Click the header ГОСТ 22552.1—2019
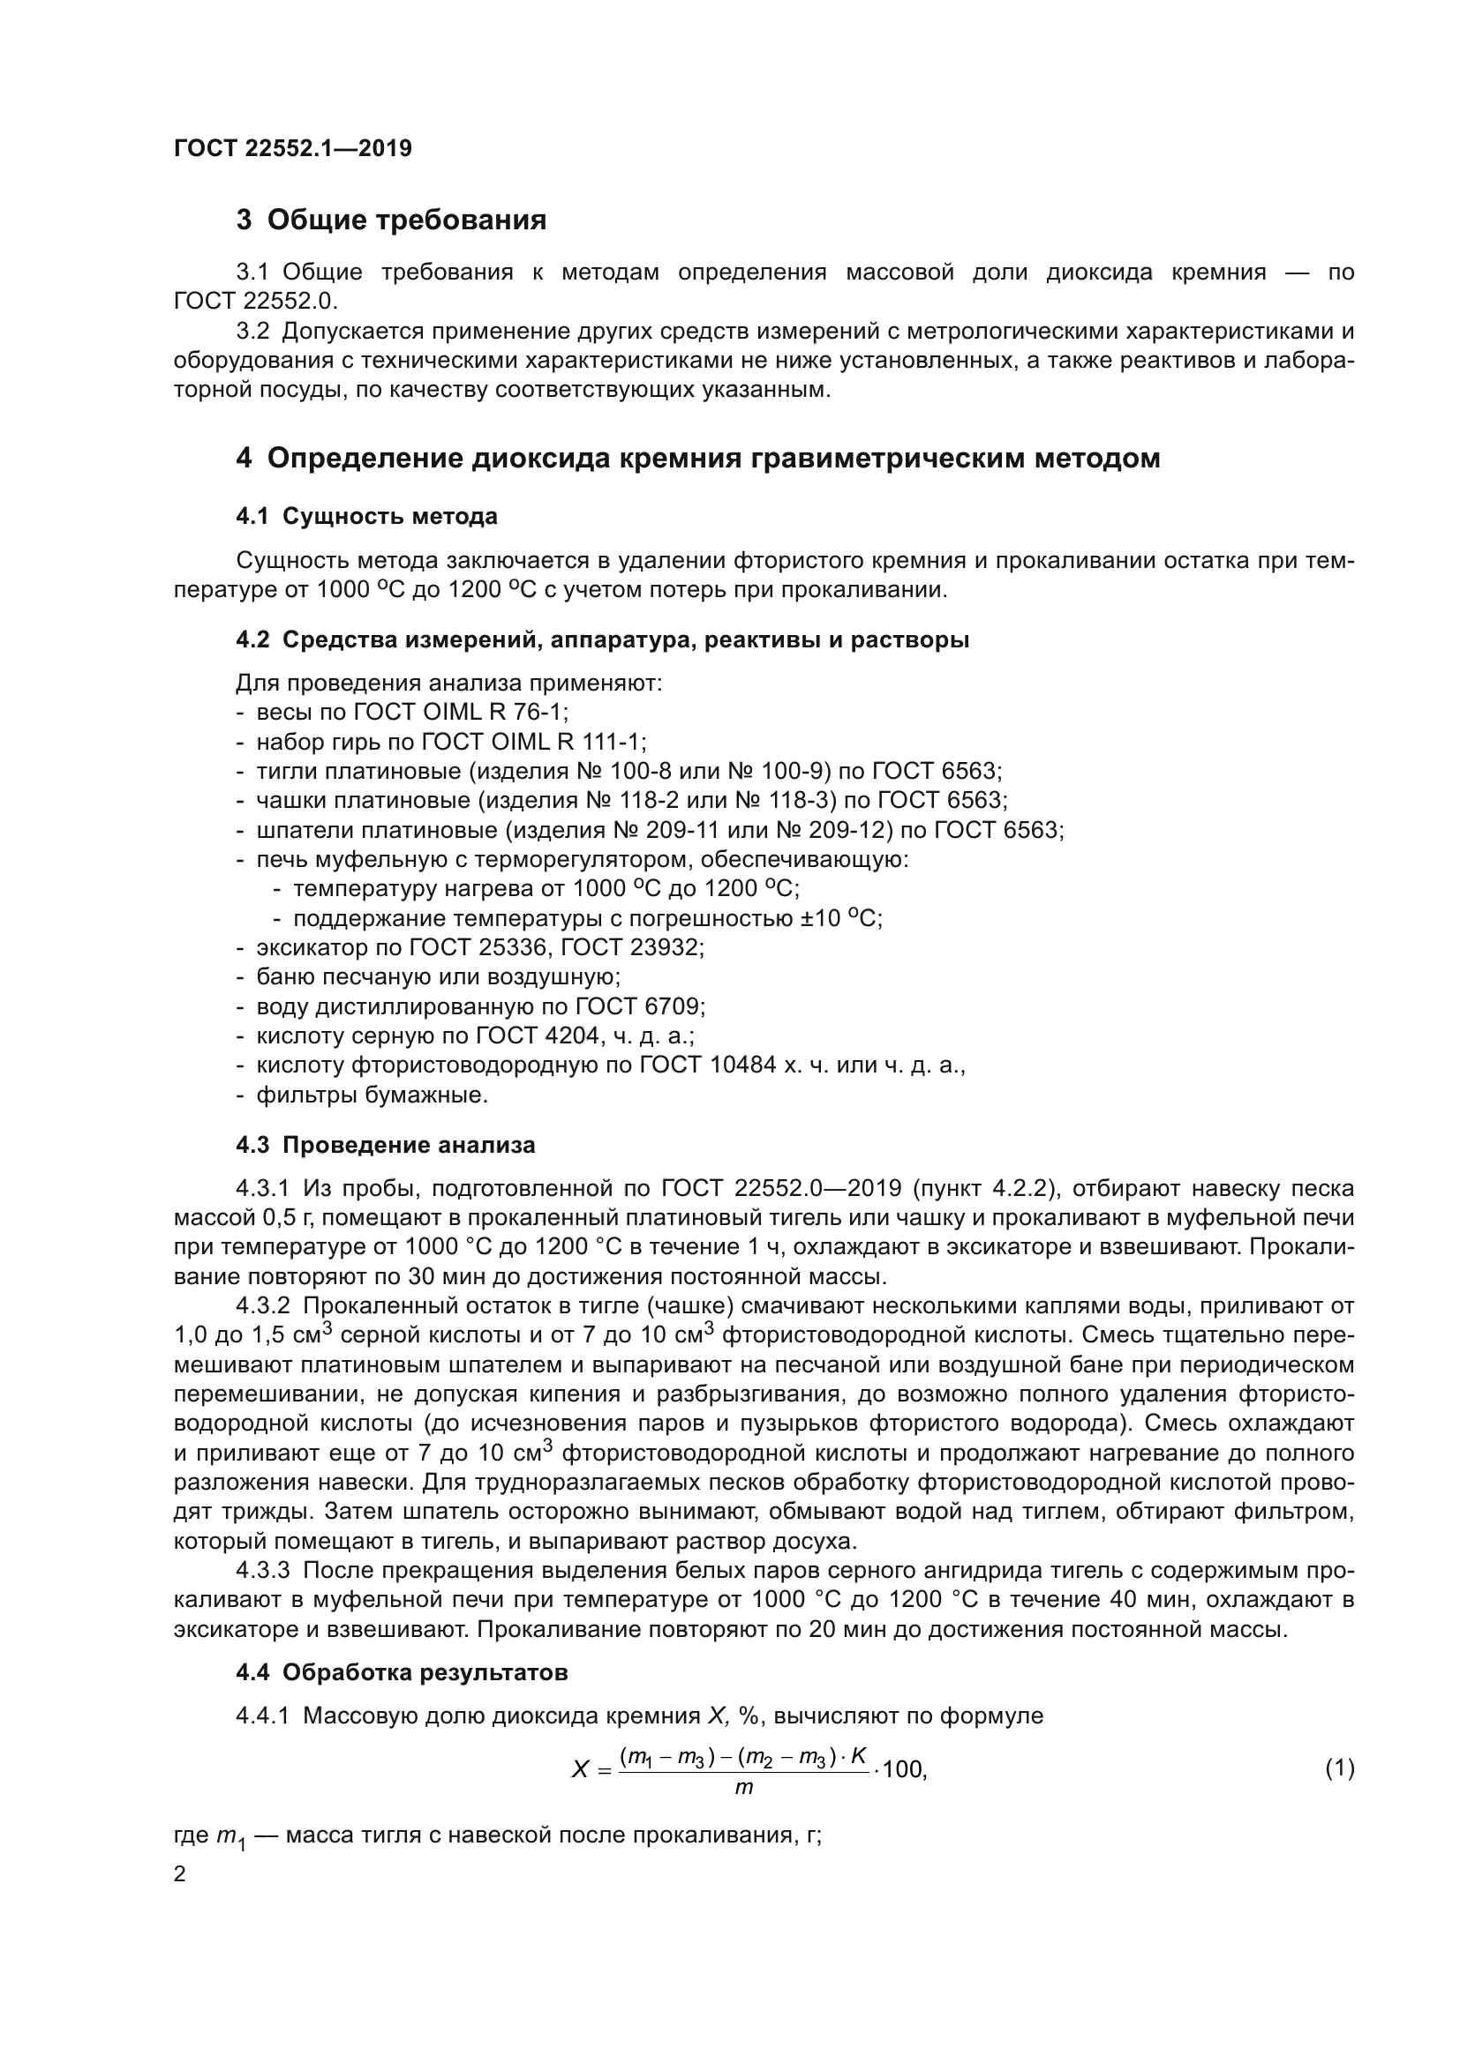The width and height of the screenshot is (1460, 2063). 292,148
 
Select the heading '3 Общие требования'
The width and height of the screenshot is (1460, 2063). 391,220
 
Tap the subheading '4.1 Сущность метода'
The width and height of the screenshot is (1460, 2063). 367,516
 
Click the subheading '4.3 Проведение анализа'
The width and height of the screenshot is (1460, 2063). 385,1145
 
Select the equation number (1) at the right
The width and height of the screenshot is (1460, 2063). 1339,1768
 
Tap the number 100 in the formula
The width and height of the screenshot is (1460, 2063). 903,1770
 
